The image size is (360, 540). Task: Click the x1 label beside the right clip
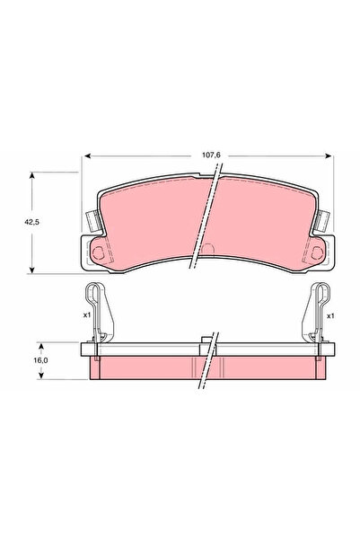(x=330, y=316)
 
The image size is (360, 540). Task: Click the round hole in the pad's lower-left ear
(x=95, y=250)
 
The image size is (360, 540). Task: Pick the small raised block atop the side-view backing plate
(x=208, y=340)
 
